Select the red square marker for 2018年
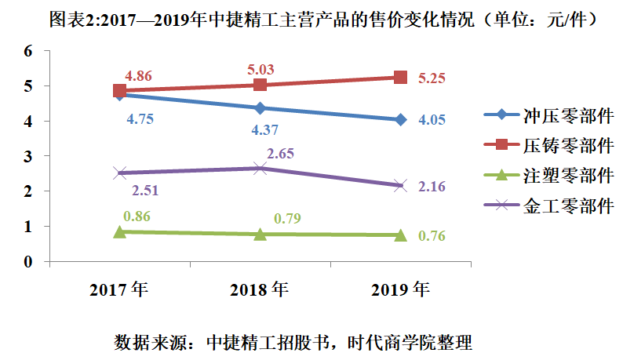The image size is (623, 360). click(x=260, y=85)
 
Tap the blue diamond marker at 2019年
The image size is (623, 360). click(x=400, y=120)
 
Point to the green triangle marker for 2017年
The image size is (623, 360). click(x=120, y=231)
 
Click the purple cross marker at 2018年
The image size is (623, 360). click(x=260, y=168)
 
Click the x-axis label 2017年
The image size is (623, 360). click(x=119, y=290)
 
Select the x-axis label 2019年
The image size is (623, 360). click(x=400, y=290)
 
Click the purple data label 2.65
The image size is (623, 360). click(x=280, y=153)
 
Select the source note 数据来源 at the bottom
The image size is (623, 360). click(x=293, y=343)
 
